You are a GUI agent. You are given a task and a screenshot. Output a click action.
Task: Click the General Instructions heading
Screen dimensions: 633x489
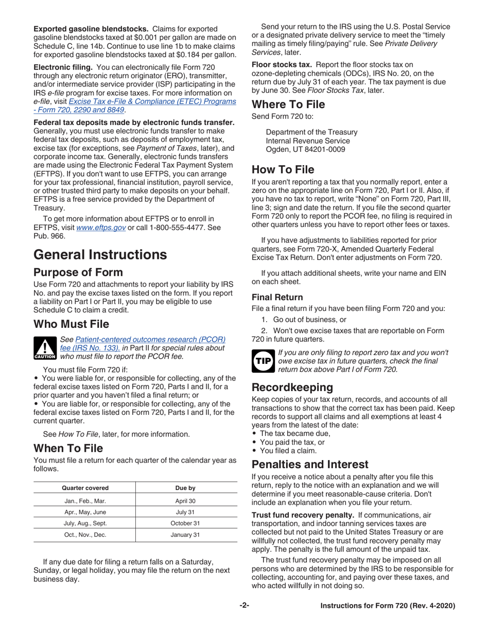[100, 254]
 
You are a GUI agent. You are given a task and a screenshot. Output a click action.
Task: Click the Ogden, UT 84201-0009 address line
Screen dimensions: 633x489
[306, 149]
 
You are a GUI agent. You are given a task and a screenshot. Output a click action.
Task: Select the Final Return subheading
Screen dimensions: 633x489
[277, 297]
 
